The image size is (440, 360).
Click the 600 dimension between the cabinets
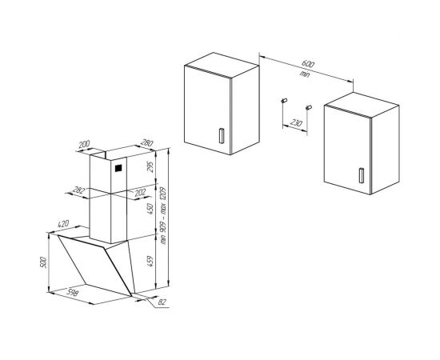pos(309,66)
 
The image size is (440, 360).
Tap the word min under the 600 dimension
pos(304,75)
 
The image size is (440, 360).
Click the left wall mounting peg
pos(283,100)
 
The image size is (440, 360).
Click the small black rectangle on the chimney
pos(117,169)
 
